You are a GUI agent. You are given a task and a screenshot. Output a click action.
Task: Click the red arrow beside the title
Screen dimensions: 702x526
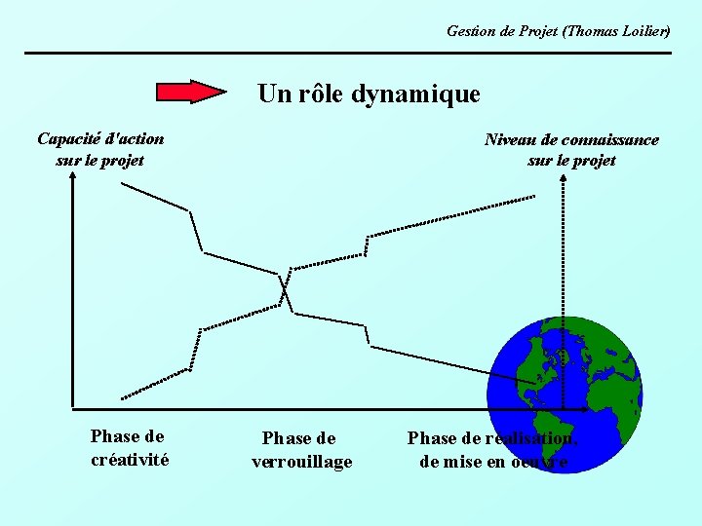[191, 93]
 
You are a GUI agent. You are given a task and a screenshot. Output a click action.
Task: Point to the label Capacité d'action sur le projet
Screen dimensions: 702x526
[100, 149]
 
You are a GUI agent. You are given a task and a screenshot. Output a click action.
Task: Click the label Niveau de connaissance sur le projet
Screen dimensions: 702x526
[571, 150]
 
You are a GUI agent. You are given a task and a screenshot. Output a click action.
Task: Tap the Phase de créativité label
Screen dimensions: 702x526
[129, 448]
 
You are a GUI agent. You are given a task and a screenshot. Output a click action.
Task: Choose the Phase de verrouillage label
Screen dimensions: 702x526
[301, 450]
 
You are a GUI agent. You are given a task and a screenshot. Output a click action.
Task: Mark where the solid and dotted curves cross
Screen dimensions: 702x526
[284, 289]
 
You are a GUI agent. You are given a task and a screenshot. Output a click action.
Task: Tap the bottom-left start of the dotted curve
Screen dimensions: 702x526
[122, 397]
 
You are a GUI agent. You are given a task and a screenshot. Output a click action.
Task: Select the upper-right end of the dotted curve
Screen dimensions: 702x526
[534, 198]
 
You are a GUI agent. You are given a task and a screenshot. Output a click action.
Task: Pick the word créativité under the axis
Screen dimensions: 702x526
[129, 460]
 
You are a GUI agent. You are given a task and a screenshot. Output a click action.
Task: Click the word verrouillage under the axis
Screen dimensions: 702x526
[301, 462]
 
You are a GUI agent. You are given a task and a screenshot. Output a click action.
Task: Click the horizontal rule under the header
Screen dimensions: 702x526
[348, 53]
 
